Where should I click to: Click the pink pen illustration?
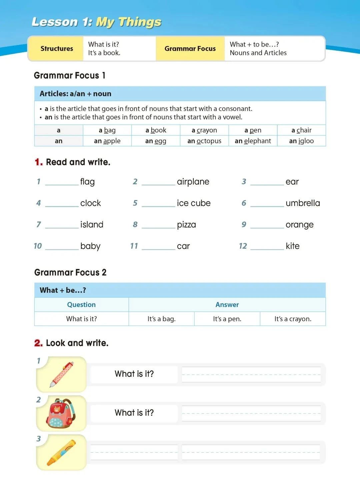tap(62, 374)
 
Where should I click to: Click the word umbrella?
tap(303, 203)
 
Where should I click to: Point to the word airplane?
tap(193, 182)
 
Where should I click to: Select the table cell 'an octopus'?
tap(204, 141)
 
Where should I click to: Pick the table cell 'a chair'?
tap(301, 130)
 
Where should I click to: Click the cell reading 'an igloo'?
tap(301, 141)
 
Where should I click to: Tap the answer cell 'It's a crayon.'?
tap(293, 319)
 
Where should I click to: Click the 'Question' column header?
tap(81, 305)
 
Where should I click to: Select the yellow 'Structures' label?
tap(57, 49)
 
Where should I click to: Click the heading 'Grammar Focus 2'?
tap(70, 273)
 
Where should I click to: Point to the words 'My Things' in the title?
tap(129, 22)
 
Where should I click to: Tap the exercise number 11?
tap(134, 246)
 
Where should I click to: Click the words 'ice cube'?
tap(194, 203)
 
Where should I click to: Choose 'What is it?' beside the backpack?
tap(134, 413)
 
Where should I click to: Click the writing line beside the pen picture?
tap(251, 374)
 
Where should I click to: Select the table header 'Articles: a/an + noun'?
tap(76, 94)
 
